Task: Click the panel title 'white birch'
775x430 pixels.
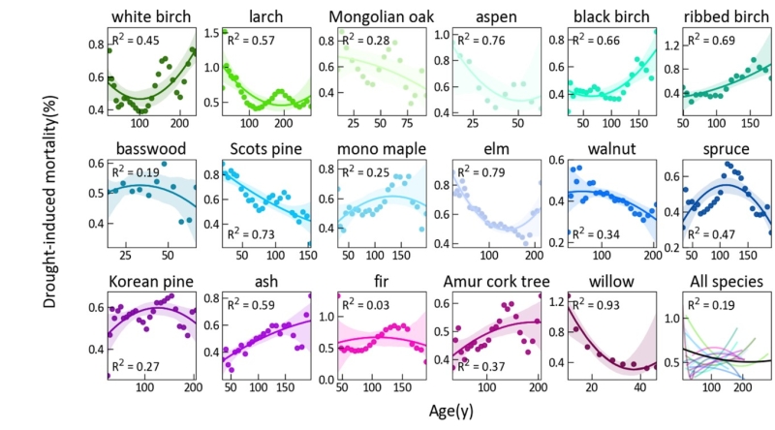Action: [151, 16]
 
